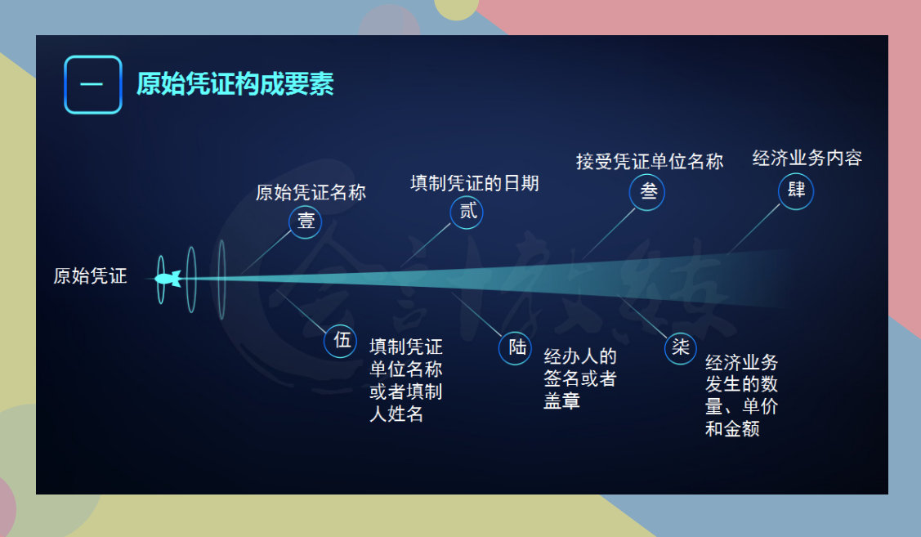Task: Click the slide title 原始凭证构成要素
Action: point(235,84)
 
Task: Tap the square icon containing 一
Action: point(92,84)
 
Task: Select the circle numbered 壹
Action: point(305,222)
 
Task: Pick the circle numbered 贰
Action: point(467,213)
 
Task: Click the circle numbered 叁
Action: point(647,193)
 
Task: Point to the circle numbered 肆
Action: point(795,192)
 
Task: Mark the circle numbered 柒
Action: point(680,347)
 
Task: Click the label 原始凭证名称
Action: point(311,193)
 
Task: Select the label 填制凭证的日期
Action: point(474,183)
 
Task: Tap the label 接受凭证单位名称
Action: point(649,162)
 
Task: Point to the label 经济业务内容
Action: point(807,159)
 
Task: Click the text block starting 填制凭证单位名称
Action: point(406,380)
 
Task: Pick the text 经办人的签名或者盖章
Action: point(580,379)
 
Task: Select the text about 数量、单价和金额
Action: point(741,396)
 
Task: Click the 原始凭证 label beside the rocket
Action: point(90,276)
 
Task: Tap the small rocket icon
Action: point(167,279)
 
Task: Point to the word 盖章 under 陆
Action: point(561,401)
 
